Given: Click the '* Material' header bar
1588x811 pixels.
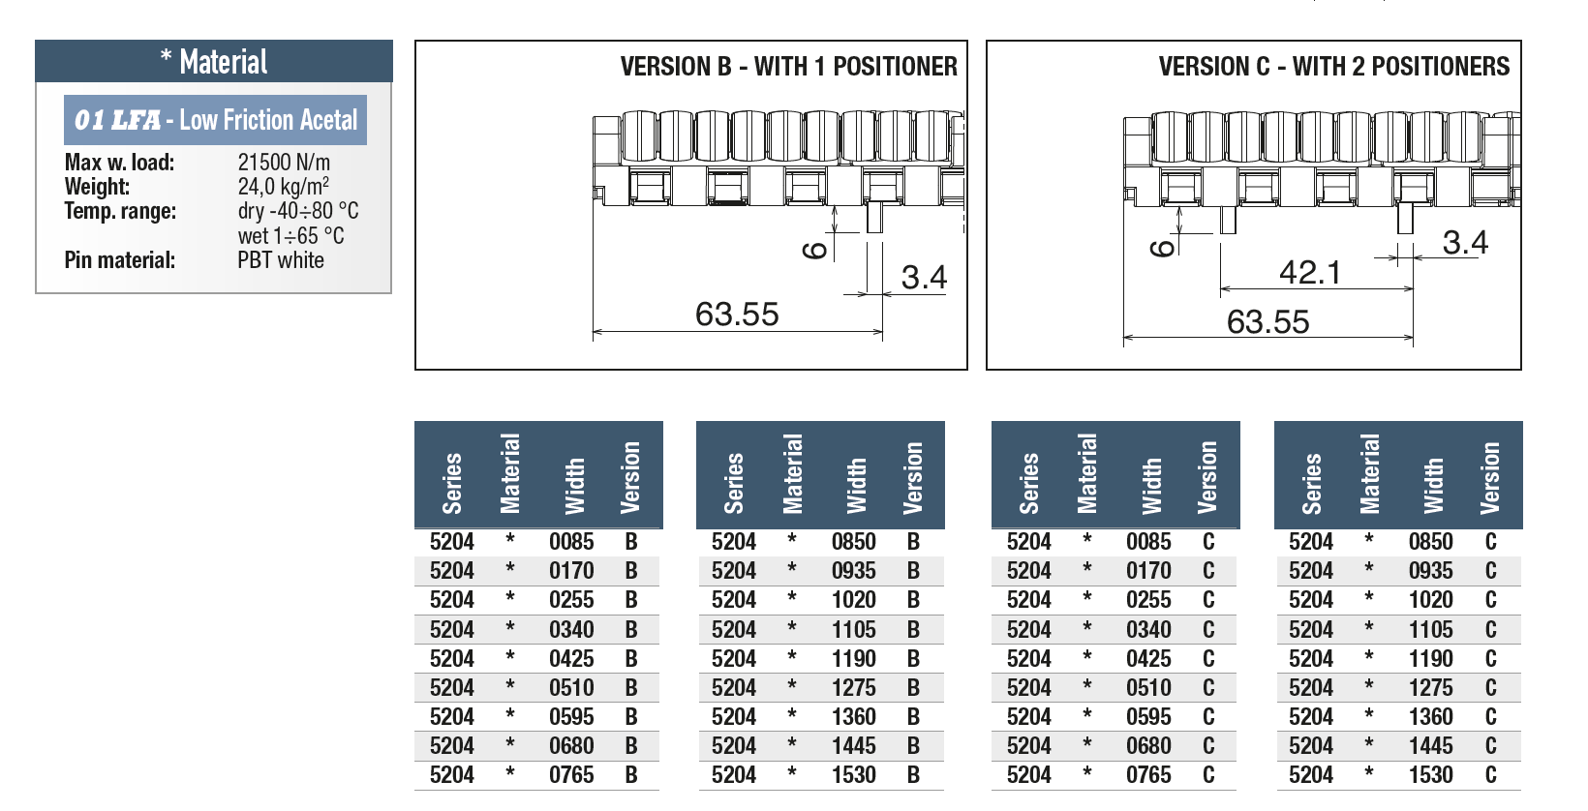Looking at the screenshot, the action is [x=214, y=62].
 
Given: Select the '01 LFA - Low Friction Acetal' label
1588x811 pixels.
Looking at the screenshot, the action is [x=216, y=120].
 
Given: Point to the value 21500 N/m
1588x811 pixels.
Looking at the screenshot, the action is [x=284, y=163].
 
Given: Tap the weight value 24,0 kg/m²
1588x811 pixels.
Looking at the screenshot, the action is [x=283, y=186].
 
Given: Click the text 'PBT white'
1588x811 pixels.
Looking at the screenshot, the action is [x=281, y=260].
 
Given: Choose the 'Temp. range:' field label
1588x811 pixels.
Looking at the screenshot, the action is [x=120, y=211].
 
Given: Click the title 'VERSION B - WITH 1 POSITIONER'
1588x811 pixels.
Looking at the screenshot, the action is [x=788, y=67].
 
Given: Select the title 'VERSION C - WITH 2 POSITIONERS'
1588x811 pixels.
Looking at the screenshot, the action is [x=1334, y=67].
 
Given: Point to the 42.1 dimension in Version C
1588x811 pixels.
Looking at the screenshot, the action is [x=1310, y=273].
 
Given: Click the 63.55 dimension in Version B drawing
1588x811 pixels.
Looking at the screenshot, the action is [x=737, y=314].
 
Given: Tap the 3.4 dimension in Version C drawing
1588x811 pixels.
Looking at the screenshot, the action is [x=1465, y=243].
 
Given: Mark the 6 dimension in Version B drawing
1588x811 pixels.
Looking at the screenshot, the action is [x=815, y=250].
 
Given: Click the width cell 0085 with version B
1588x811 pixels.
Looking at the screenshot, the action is [x=571, y=542].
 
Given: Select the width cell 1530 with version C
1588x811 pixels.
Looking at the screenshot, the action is [x=1430, y=775].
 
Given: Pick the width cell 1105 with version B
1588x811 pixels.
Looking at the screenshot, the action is [x=854, y=629].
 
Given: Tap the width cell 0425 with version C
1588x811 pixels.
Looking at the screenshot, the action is [x=1148, y=659].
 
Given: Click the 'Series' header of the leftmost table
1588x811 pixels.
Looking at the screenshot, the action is [x=452, y=484].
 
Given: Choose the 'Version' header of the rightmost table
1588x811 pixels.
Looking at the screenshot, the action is [x=1489, y=478].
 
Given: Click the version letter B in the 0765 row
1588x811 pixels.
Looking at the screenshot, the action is [x=631, y=775].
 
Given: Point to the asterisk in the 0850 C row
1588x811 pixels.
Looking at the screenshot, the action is [x=1368, y=540].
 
